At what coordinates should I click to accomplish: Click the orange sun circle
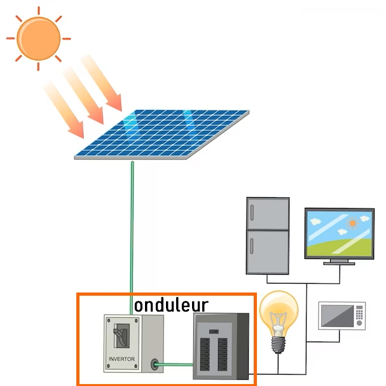point(39,38)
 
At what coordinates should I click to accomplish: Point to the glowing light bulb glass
point(279,312)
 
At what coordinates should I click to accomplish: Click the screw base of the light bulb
point(277,344)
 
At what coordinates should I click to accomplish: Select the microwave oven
point(342,315)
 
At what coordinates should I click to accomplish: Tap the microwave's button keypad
point(360,315)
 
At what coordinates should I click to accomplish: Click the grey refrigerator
point(268,235)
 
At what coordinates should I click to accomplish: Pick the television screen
point(338,233)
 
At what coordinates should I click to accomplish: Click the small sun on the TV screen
point(353,223)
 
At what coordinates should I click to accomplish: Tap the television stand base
point(339,261)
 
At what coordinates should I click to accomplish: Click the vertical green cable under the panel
point(132,229)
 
